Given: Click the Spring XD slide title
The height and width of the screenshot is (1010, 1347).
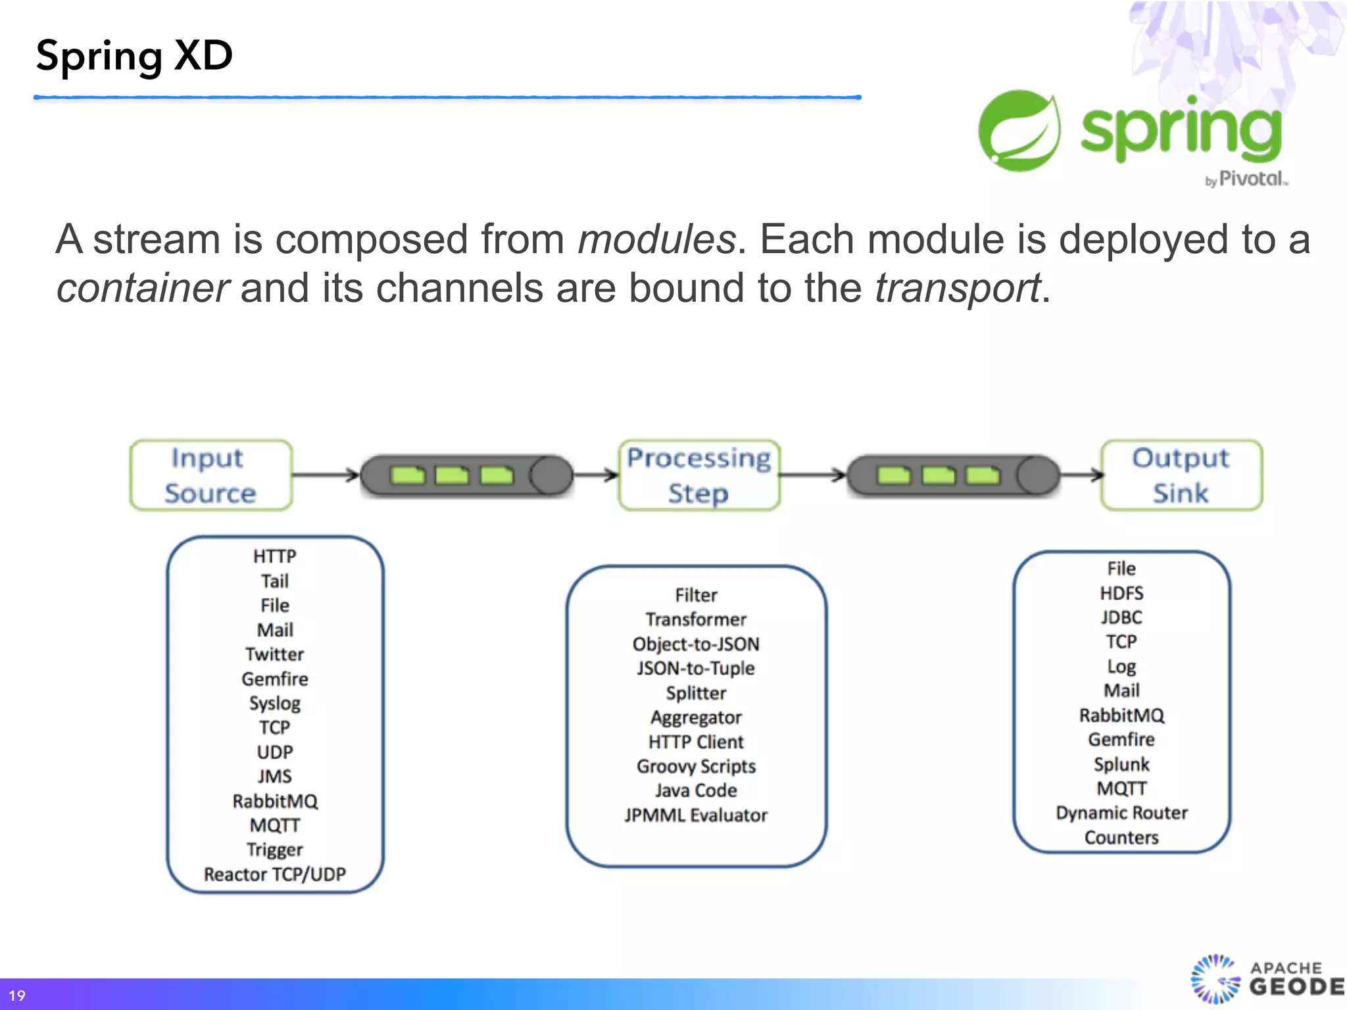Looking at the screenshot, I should pos(134,56).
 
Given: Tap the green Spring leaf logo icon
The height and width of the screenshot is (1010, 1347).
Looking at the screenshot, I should pos(1019,131).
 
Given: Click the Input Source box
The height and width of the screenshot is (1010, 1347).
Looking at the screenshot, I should pos(210,475).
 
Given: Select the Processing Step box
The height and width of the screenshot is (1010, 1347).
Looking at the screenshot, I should pos(698,475).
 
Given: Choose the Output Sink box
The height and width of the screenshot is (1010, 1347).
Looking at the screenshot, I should pos(1181,475).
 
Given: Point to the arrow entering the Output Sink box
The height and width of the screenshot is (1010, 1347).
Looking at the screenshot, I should pos(1082,474).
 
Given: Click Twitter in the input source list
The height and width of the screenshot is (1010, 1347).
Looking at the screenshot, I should pos(274,654).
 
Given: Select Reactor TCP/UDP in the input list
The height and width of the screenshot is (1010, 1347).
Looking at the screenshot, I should pos(274,874).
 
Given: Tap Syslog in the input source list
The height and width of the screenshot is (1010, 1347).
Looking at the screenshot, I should pos(274,703).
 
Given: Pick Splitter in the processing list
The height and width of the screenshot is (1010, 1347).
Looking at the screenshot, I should pos(696,693).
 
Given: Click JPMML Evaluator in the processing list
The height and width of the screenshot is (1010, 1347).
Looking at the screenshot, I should pos(696,815).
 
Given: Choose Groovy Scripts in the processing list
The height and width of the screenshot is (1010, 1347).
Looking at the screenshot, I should pos(696,767).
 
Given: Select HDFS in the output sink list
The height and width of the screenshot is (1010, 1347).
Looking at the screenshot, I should pos(1121,593).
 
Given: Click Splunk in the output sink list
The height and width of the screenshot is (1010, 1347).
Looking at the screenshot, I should pos(1121,764).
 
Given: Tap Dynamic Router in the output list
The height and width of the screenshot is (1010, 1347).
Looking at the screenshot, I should pos(1121,813).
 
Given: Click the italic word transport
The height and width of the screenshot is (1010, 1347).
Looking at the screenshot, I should pos(957,288).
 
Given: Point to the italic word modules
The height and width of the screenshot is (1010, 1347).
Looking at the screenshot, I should pos(656,239).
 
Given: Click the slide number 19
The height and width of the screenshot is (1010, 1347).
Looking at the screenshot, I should pos(17,996).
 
